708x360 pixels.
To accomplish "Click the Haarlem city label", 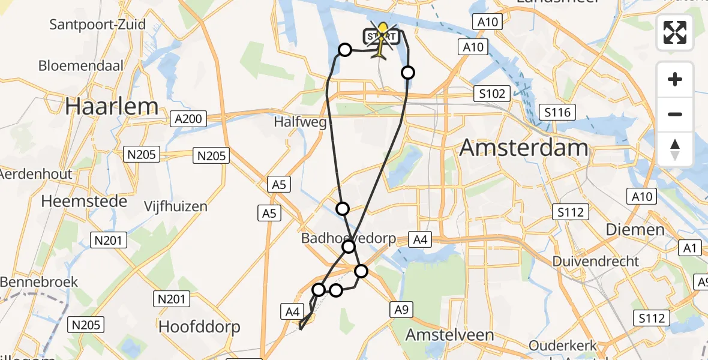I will click(112, 106).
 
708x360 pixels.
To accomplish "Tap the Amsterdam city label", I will click(523, 148).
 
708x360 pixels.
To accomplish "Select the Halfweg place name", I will click(300, 122).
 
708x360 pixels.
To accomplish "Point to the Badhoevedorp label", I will click(349, 238).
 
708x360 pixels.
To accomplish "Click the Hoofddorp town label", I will click(199, 327).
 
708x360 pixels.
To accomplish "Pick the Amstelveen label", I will click(449, 335).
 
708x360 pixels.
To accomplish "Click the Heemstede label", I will click(84, 201).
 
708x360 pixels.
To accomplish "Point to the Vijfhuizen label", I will click(176, 206).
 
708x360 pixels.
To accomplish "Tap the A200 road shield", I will click(188, 119).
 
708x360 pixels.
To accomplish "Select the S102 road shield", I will click(491, 94).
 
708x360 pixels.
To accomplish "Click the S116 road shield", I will click(557, 112).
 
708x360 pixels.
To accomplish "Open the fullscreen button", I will click(675, 32).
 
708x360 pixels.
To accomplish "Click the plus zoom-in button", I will click(675, 79).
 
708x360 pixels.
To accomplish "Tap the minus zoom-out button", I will click(675, 114).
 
